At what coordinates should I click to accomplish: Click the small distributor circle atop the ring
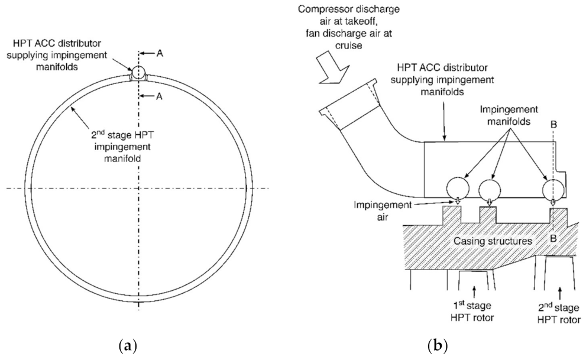tap(137, 72)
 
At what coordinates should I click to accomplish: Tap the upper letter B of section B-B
tap(554, 124)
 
